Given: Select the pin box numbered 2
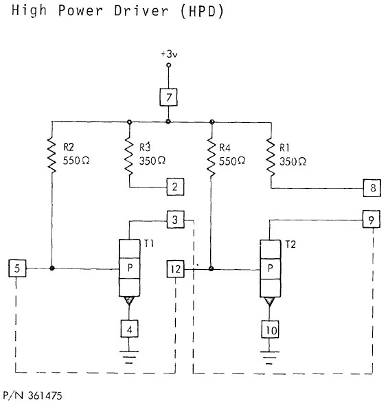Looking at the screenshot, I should tap(175, 186).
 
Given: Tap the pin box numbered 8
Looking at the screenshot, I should tap(372, 187).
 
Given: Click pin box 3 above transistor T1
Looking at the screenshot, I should tap(175, 220).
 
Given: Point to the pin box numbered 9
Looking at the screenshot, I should tap(372, 220).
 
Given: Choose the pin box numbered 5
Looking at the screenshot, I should tap(19, 268).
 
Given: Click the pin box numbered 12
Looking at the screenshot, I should tap(175, 268).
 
